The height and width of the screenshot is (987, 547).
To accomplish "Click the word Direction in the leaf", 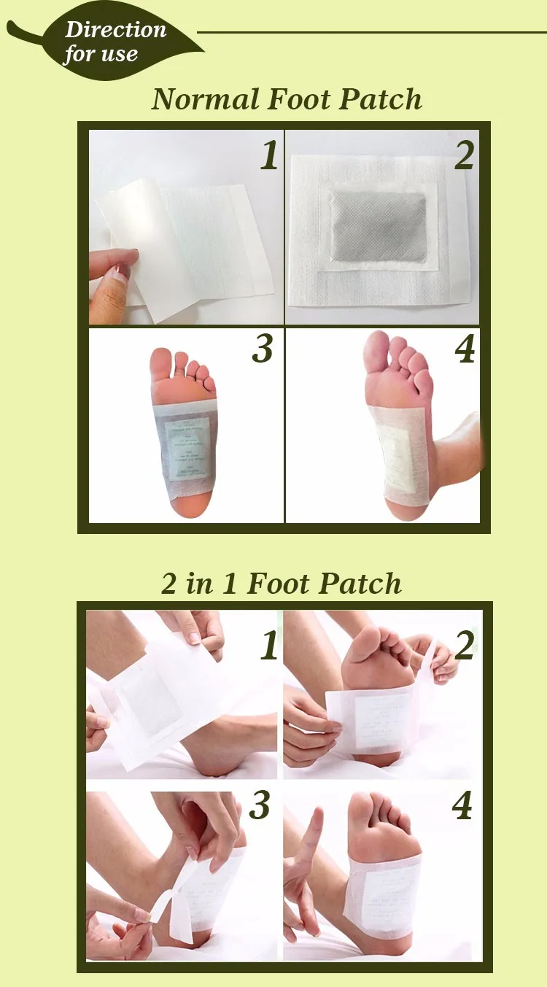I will (116, 30).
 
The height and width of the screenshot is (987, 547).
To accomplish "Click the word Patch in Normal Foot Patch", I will (380, 99).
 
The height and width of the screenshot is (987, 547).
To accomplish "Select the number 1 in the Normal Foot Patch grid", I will (270, 155).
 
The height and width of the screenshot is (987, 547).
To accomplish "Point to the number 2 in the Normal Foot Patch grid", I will (465, 155).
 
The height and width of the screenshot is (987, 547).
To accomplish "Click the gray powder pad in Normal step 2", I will (379, 226).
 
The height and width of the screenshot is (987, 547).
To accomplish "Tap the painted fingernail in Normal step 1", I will (123, 272).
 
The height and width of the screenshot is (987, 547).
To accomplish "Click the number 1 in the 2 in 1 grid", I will (269, 646).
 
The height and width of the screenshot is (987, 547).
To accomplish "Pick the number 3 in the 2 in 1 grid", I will (260, 806).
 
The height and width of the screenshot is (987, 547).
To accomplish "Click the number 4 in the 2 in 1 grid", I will (462, 806).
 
